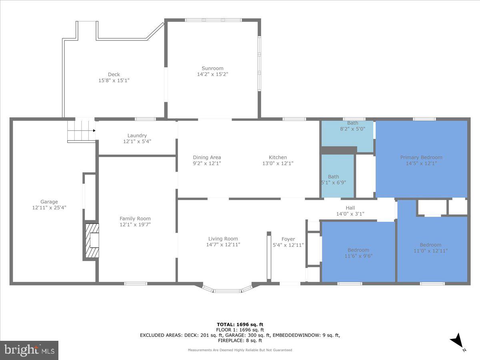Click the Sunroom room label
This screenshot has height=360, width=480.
[x=212, y=68]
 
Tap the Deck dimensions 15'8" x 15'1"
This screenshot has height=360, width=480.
[x=114, y=80]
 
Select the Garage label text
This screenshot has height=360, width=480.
[x=49, y=202]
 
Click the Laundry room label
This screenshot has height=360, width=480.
[x=137, y=136]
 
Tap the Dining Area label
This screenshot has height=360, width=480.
[x=207, y=157]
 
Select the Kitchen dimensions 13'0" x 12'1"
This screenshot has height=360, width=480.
[x=277, y=163]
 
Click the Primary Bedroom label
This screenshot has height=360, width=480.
[x=421, y=157]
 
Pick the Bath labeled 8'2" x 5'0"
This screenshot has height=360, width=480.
[x=347, y=126]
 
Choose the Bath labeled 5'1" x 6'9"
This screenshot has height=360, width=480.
[x=334, y=179]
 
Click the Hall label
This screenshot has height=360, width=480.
[x=350, y=208]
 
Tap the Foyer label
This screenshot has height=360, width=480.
[x=288, y=239]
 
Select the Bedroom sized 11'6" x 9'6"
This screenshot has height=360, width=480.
[x=358, y=253]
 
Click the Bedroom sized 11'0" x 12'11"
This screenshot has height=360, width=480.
[x=430, y=248]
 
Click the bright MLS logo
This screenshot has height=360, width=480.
[x=29, y=350]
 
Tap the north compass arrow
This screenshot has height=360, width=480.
[x=457, y=341]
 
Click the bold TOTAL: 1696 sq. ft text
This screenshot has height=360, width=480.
[x=240, y=324]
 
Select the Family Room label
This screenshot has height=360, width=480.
[x=135, y=218]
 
